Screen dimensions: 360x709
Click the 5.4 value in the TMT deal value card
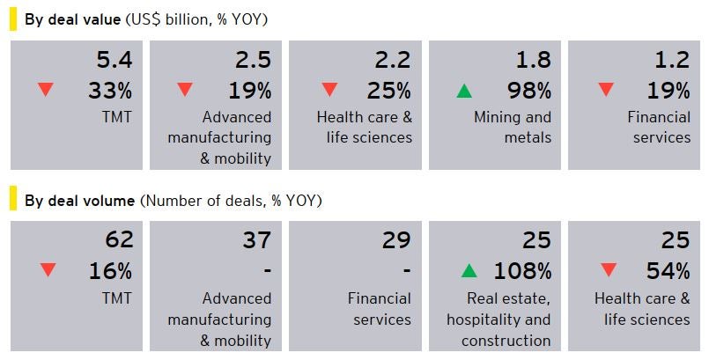pos(114,60)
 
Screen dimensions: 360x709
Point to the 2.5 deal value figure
pos(253,60)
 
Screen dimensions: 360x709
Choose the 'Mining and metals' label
pos(513,127)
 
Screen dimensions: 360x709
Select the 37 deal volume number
pos(255,239)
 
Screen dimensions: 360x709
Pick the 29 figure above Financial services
pos(395,239)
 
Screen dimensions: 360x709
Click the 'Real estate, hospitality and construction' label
pos(499,319)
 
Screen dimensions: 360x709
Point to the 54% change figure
pos(667,270)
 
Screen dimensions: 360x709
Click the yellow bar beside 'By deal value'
pos(13,18)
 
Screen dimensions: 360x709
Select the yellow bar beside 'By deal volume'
pos(13,201)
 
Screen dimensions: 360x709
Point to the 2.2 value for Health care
pos(393,60)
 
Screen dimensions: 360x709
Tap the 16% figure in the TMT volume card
pos(110,270)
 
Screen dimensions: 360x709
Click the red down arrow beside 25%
pos(329,90)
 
